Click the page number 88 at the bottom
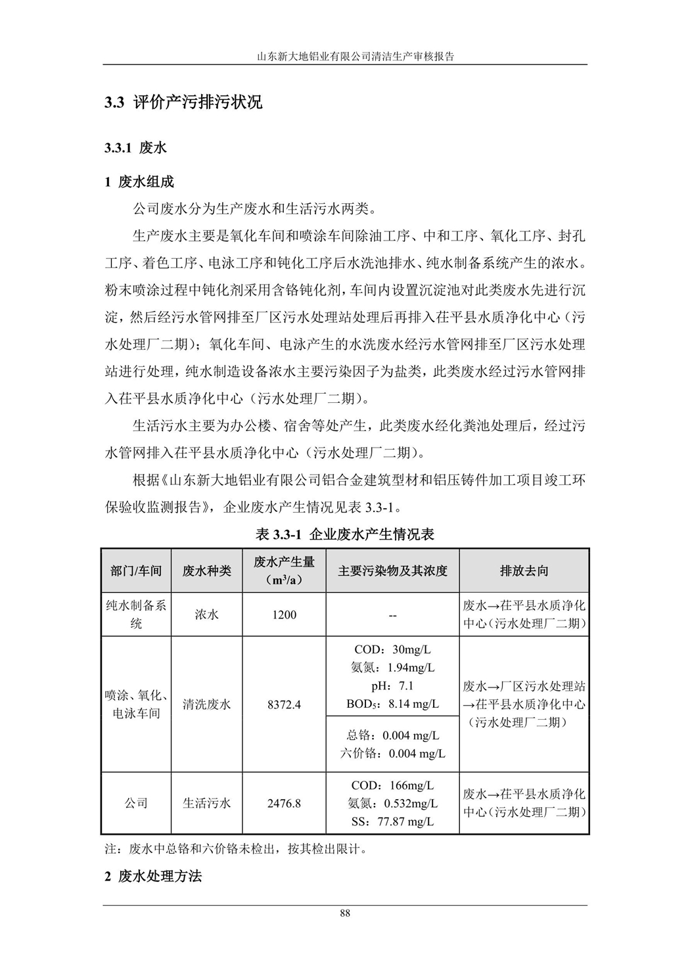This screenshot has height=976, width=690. tap(345, 913)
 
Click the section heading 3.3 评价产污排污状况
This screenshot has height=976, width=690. tap(183, 103)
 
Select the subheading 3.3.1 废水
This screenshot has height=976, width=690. tap(135, 148)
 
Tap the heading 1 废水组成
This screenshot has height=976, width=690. tap(139, 182)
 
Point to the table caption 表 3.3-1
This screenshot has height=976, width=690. tap(345, 534)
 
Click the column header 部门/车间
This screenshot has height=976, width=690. tap(136, 570)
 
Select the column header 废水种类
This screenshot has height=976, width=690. tap(206, 570)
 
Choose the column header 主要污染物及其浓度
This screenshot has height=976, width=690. tap(392, 570)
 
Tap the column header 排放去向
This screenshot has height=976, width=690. tap(524, 570)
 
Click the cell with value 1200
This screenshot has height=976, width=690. tap(284, 615)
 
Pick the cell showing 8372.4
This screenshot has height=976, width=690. tap(284, 705)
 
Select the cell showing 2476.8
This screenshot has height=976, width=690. tap(284, 803)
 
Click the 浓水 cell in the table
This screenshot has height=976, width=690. tap(206, 615)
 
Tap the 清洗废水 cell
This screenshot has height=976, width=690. tap(206, 705)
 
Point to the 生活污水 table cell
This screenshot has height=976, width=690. tap(206, 803)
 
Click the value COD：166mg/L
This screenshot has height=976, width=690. tap(392, 785)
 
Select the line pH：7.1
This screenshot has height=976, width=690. tap(392, 686)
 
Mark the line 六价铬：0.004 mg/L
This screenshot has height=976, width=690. tap(392, 753)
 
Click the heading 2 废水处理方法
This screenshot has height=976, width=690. tap(153, 876)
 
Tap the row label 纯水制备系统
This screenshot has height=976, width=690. tap(136, 614)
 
